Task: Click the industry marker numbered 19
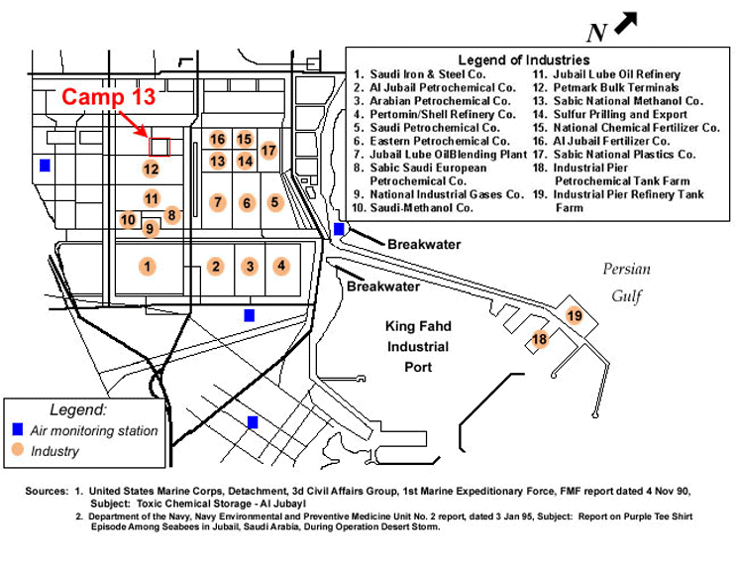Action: tap(575, 315)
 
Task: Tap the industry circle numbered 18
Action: tap(540, 339)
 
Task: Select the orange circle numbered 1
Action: tap(147, 266)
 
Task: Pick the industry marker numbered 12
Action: tap(151, 169)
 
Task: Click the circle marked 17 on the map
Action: tap(267, 151)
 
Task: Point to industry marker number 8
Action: tap(171, 215)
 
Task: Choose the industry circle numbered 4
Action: tap(281, 266)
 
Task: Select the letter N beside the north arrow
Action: tap(595, 33)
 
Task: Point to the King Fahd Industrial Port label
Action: tap(417, 347)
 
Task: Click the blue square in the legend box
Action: tap(17, 430)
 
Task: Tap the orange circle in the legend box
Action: tap(17, 451)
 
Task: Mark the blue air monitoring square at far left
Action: tap(44, 165)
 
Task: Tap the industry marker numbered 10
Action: tap(128, 219)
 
